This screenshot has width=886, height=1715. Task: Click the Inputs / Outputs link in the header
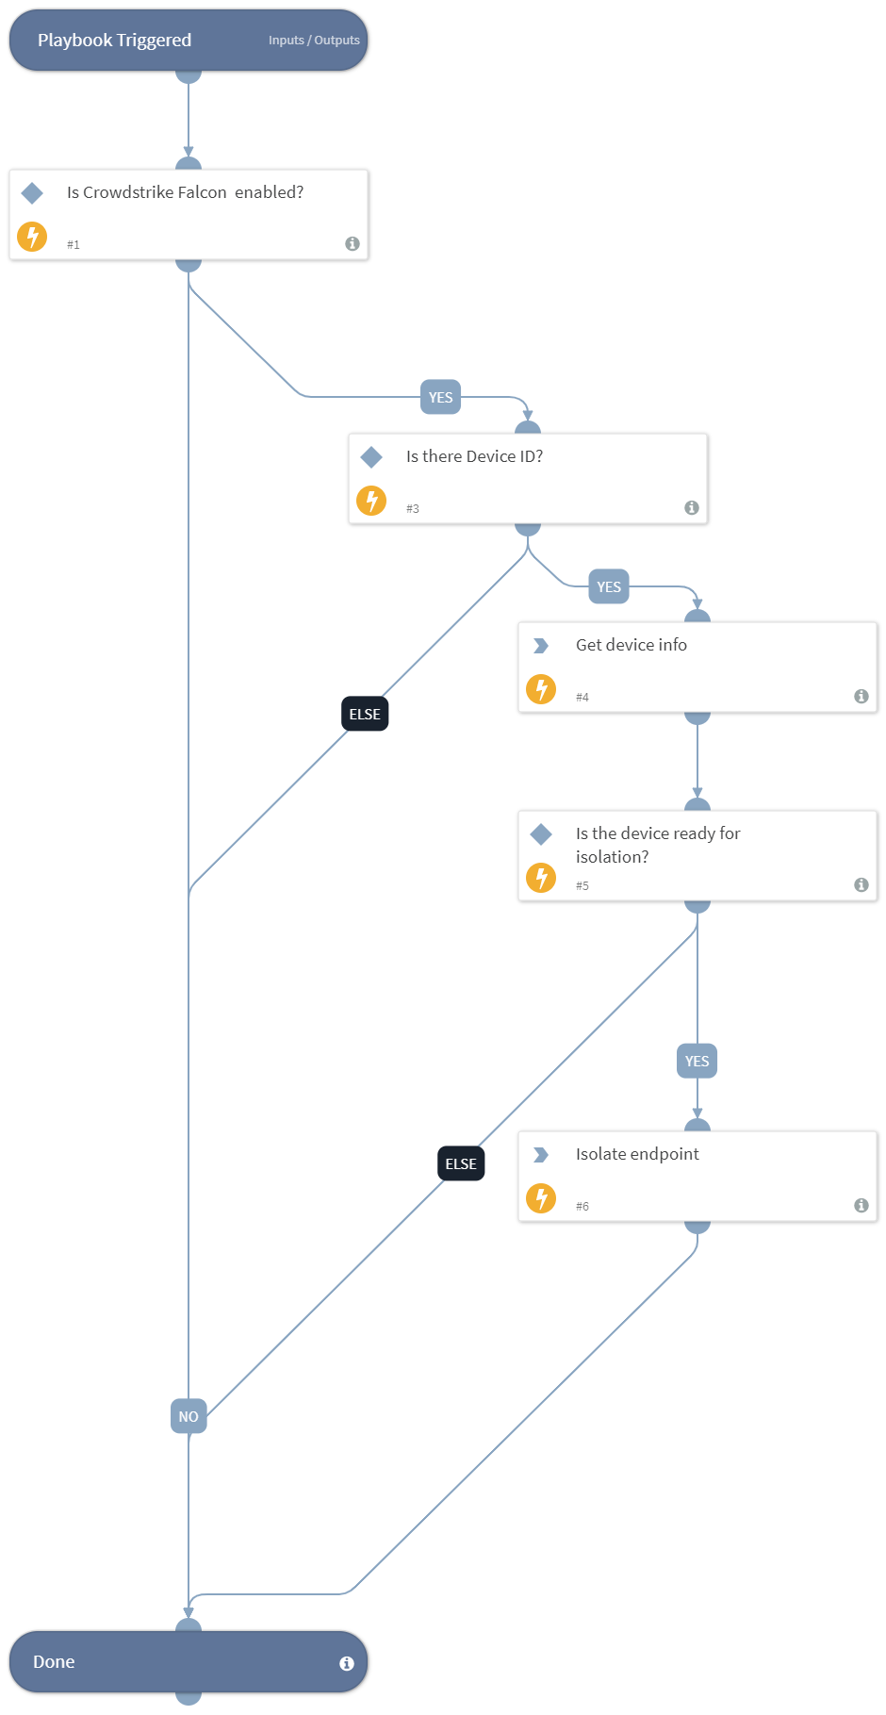point(314,41)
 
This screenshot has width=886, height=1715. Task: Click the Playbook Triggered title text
point(114,41)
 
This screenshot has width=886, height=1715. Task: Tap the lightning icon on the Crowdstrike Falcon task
point(32,236)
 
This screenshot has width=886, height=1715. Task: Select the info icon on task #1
point(353,243)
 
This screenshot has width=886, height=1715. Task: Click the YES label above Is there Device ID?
point(440,397)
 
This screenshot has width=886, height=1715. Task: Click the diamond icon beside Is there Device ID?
point(371,457)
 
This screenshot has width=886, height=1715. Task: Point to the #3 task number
point(413,509)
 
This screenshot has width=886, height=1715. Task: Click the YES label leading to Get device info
point(609,586)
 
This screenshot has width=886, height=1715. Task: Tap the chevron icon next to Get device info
point(541,646)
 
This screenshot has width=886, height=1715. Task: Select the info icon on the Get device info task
point(861,696)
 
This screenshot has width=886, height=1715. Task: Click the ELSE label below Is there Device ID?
point(365,714)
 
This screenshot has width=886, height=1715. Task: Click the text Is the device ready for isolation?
point(657,845)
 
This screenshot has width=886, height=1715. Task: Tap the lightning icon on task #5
point(541,878)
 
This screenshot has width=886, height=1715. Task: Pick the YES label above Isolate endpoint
point(697,1061)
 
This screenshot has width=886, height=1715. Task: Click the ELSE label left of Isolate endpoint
point(461,1163)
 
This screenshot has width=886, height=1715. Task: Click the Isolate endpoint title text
point(637,1154)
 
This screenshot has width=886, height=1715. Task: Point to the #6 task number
point(582,1207)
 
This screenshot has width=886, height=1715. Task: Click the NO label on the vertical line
point(189,1416)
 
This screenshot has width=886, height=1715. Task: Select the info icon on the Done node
point(347,1663)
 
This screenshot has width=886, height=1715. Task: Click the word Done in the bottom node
point(54,1662)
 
